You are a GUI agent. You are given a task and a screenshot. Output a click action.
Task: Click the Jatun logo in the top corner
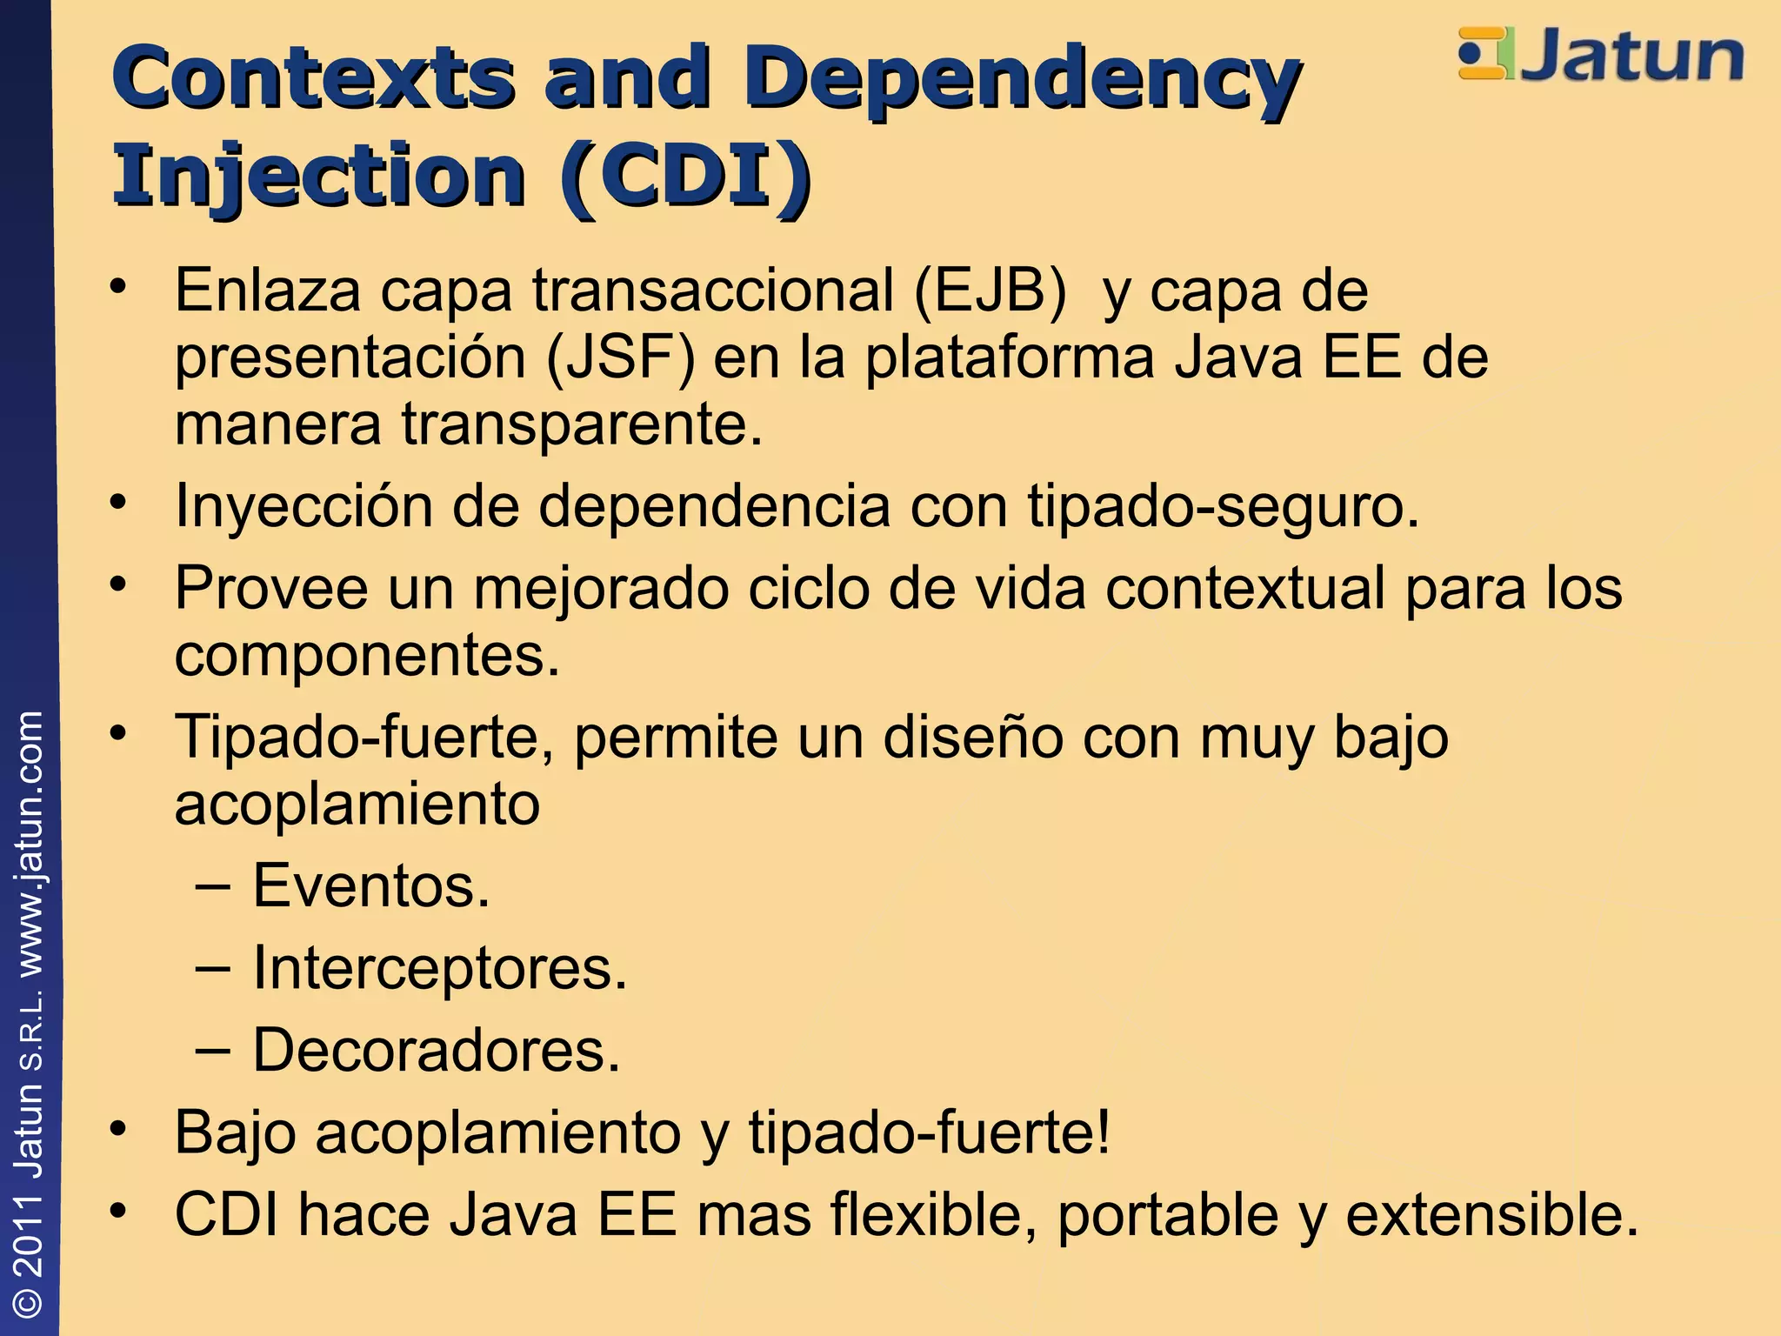(1601, 56)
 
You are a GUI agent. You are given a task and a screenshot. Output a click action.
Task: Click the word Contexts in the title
(313, 78)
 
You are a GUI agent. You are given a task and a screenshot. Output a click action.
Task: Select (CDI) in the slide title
(687, 177)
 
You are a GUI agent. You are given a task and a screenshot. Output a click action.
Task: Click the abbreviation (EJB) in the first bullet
(990, 291)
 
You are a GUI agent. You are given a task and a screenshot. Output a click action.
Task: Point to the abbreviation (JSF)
(621, 357)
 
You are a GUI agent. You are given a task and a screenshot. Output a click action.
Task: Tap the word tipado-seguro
(1222, 506)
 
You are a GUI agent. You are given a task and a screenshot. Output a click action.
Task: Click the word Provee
(271, 588)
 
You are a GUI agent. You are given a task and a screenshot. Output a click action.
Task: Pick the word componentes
(366, 656)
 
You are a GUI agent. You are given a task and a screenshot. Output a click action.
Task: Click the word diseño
(973, 738)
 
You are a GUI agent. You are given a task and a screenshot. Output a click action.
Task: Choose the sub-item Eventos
(370, 886)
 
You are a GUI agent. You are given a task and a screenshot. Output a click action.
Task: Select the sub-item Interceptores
(439, 968)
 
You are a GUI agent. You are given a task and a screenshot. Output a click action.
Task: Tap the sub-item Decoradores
(436, 1050)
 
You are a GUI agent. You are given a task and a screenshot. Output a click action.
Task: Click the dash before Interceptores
(213, 968)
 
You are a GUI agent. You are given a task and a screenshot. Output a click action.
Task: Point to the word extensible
(1491, 1214)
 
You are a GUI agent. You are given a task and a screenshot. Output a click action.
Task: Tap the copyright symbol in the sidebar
(30, 1302)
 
